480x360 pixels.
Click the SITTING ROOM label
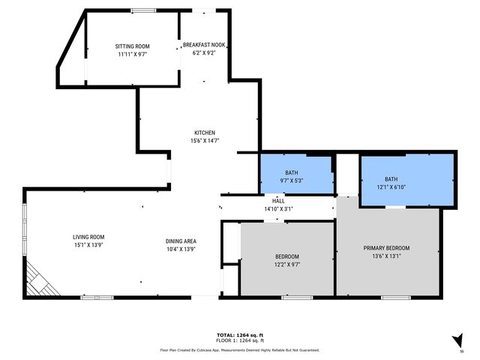click(132, 46)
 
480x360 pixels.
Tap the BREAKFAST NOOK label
click(204, 45)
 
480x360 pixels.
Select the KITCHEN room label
click(204, 133)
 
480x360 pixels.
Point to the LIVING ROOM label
click(94, 236)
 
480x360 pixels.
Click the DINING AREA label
click(181, 241)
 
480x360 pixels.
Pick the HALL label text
click(278, 201)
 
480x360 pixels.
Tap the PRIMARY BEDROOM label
click(386, 248)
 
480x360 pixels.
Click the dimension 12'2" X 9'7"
click(286, 264)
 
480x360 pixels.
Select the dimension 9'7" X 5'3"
click(291, 180)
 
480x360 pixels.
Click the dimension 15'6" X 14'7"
click(204, 141)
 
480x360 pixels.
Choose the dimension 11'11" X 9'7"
click(132, 55)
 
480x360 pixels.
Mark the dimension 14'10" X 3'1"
click(278, 208)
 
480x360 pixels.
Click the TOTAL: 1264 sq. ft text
click(239, 334)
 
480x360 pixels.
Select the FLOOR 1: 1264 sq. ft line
click(239, 340)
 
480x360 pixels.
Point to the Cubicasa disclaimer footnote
click(239, 349)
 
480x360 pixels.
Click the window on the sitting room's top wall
click(143, 10)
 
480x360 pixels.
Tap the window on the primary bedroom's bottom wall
click(395, 298)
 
